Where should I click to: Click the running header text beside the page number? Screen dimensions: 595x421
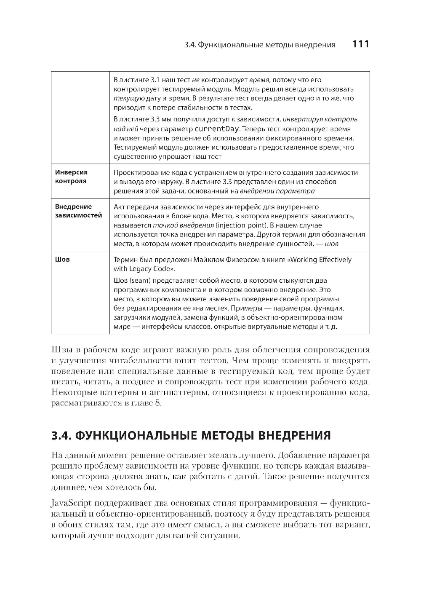pyautogui.click(x=260, y=45)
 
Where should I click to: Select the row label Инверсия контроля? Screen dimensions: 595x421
pyautogui.click(x=71, y=177)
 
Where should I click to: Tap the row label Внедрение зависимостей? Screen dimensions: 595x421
pyautogui.click(x=78, y=211)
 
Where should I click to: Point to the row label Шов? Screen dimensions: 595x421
pyautogui.click(x=62, y=260)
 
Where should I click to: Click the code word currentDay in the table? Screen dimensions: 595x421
pyautogui.click(x=216, y=129)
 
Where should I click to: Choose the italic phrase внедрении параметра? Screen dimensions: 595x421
pyautogui.click(x=277, y=191)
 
